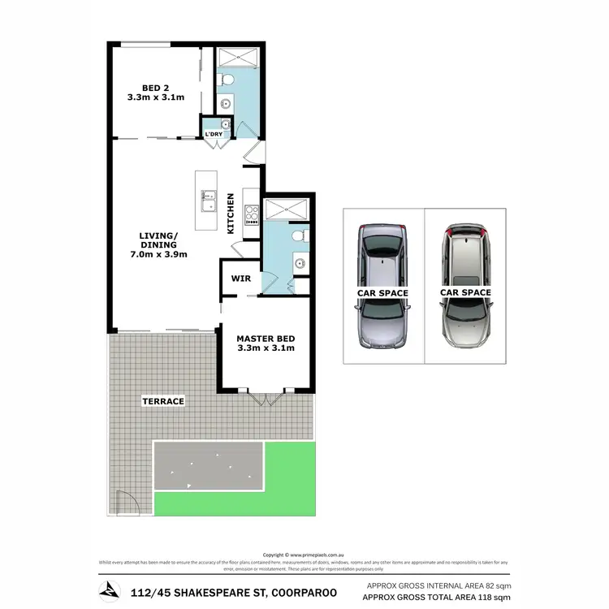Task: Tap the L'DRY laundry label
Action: click(x=214, y=134)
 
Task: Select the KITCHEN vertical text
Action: click(x=231, y=214)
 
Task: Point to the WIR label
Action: click(x=240, y=278)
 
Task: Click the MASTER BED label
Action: click(x=265, y=338)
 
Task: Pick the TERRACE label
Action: click(x=162, y=401)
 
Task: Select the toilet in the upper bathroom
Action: click(x=227, y=80)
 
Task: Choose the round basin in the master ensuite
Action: click(x=300, y=263)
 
